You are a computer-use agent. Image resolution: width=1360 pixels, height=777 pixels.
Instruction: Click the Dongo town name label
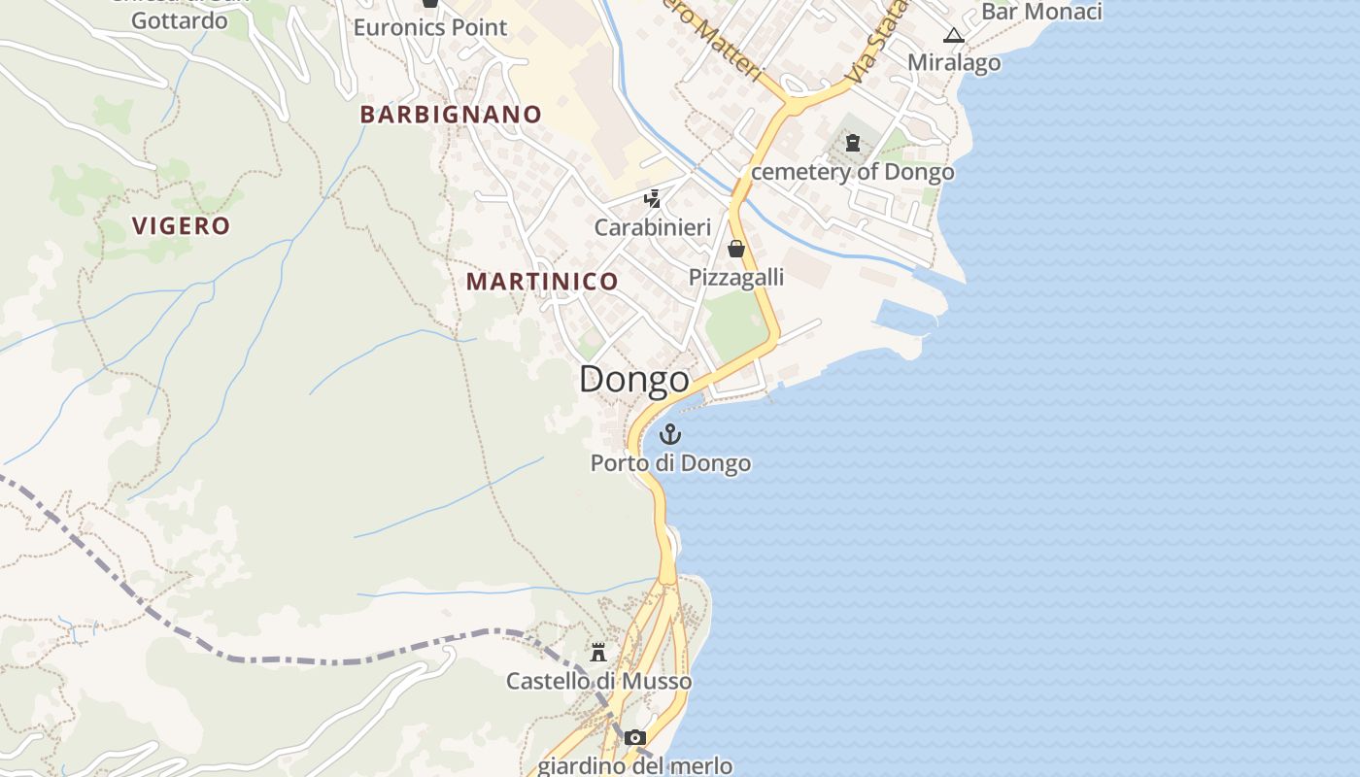pos(634,379)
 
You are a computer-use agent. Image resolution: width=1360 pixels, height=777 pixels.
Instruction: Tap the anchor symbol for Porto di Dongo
pos(670,434)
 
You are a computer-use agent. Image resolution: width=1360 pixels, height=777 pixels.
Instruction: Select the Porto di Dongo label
pos(670,463)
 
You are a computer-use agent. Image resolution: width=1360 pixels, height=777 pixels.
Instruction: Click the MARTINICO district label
pos(542,282)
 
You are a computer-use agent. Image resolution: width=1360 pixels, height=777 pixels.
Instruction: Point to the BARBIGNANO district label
pos(451,115)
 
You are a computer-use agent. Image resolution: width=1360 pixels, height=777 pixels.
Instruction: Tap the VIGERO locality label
pos(182,226)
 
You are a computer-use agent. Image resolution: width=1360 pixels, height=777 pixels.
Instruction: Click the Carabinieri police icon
pos(653,199)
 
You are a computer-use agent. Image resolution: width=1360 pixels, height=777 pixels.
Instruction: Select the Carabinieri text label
pos(653,227)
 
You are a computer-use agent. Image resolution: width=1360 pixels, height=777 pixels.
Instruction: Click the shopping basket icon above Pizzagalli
pos(736,249)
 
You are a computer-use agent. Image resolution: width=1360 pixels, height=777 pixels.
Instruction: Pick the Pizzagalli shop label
pos(736,278)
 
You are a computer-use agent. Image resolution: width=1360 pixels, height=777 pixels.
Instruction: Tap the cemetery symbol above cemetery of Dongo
pos(853,144)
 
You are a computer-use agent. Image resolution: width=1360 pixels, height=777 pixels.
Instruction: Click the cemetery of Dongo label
pos(853,173)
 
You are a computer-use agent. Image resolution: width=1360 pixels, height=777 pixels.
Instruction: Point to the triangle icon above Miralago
pos(954,36)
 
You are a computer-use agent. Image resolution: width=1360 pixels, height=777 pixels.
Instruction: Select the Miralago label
pos(954,63)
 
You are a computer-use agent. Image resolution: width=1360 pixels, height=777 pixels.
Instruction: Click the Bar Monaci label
pos(1041,12)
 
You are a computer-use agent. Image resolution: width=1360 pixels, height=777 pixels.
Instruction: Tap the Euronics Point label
pos(430,27)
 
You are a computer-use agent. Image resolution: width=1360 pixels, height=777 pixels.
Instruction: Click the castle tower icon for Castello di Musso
pos(598,652)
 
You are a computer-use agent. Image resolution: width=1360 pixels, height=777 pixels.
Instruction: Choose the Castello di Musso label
pos(598,681)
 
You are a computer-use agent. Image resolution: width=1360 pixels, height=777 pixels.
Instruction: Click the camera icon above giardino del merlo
pos(635,738)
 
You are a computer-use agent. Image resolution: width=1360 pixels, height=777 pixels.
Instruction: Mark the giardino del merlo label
pos(635,765)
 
